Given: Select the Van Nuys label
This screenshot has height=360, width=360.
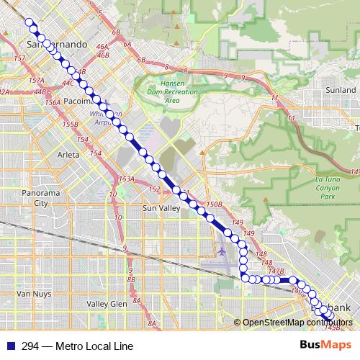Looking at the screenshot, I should click(32, 294).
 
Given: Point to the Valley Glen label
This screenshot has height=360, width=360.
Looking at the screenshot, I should click(107, 304).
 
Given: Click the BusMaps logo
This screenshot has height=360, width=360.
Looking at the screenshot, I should click(320, 345).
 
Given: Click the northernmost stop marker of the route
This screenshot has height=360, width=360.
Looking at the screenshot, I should click(30, 22).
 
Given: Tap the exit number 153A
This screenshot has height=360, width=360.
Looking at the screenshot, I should click(127, 179).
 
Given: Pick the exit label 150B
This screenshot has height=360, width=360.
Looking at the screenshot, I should click(214, 204).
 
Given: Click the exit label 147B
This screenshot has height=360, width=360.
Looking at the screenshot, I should click(276, 271).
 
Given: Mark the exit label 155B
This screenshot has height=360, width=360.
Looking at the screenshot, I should click(70, 125).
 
